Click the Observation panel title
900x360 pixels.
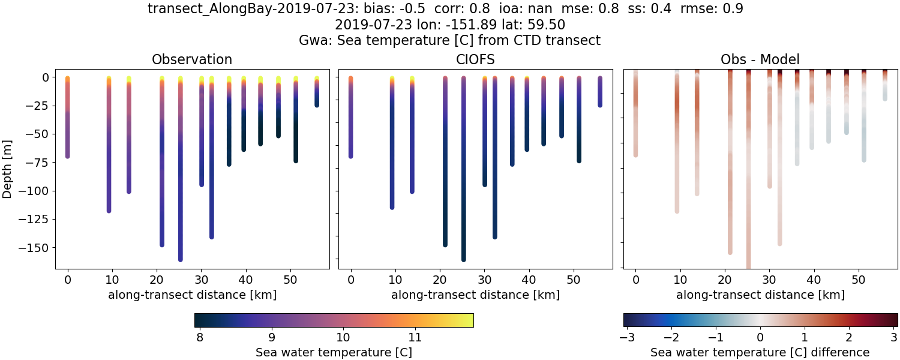point(192,59)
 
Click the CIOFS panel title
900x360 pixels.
point(475,59)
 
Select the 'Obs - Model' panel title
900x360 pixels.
point(760,59)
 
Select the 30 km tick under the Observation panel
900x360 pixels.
point(201,280)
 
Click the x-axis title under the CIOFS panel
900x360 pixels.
point(475,295)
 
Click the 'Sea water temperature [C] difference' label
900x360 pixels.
point(760,352)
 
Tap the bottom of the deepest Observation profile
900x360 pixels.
point(180,259)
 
